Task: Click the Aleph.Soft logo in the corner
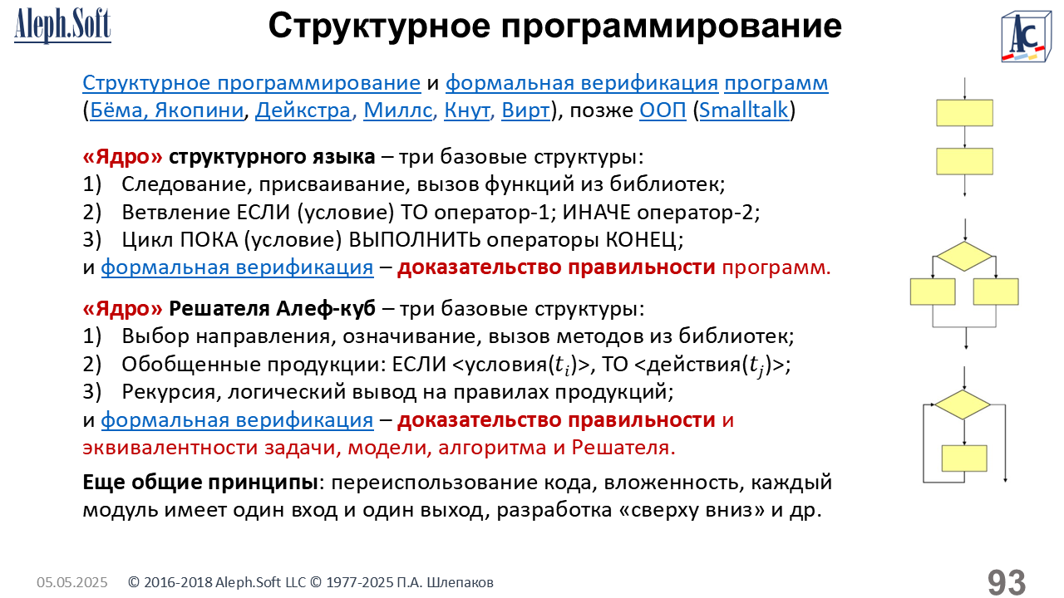pos(62,26)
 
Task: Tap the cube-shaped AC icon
pos(1026,37)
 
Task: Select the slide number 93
pos(1007,582)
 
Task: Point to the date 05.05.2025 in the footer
pos(72,582)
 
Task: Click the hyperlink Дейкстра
pos(303,110)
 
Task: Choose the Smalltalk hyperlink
pos(743,110)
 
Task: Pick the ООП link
pos(663,110)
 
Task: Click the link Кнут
pos(467,110)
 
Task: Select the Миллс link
pos(397,110)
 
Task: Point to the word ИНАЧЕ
pos(596,212)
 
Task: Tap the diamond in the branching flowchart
pos(963,257)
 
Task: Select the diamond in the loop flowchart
pos(963,404)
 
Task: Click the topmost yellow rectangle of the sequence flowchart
pos(964,113)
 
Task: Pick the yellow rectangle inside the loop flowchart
pos(964,458)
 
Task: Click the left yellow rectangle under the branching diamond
pos(933,292)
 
